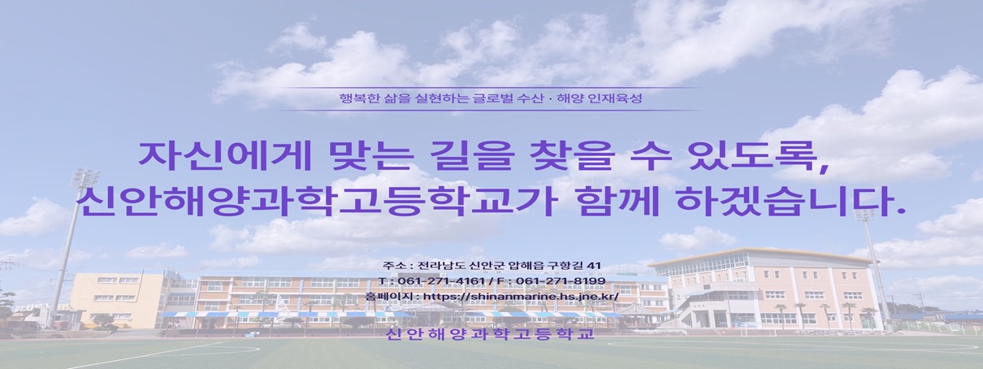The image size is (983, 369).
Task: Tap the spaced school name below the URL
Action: tap(490, 335)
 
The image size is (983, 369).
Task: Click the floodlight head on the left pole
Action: tap(85, 178)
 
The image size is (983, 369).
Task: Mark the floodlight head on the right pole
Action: tap(868, 215)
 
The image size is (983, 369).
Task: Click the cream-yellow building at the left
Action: tap(118, 298)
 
